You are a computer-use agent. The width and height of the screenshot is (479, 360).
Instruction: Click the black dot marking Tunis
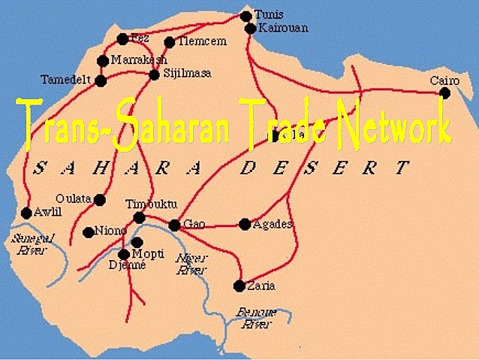(246, 16)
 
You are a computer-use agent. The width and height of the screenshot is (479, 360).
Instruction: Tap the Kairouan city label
(282, 28)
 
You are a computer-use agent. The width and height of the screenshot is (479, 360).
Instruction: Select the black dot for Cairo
(444, 93)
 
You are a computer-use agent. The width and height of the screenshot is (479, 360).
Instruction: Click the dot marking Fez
(122, 39)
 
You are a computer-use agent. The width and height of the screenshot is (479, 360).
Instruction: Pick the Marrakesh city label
(139, 59)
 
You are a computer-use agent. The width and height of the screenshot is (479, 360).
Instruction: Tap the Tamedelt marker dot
(101, 80)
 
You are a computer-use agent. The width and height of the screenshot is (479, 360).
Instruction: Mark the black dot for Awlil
(26, 213)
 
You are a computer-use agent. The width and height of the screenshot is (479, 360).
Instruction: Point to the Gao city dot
(174, 225)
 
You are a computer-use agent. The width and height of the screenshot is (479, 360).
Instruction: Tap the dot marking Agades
(245, 224)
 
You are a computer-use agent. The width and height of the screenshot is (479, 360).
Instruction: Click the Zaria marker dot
(239, 286)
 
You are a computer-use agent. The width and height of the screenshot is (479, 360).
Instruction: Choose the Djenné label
(127, 265)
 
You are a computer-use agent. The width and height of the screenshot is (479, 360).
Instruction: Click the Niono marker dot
(89, 232)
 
